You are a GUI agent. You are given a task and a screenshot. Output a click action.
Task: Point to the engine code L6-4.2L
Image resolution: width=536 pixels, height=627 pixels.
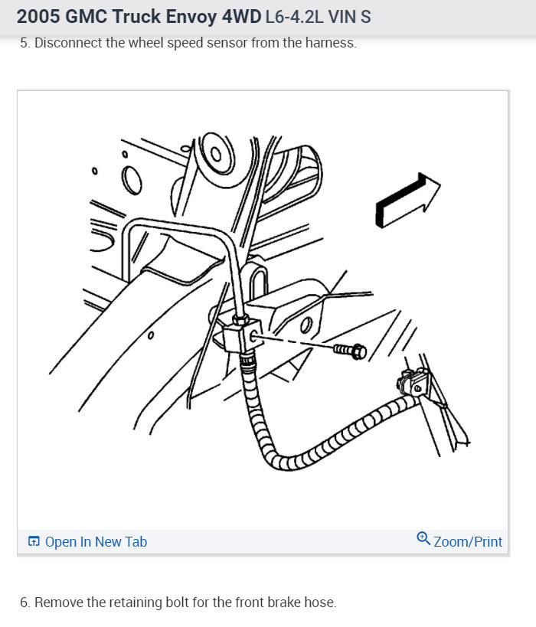295,16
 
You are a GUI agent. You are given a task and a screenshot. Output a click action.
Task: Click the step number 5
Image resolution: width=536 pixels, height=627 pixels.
23,43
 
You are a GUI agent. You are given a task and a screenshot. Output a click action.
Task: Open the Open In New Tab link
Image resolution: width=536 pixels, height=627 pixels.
96,542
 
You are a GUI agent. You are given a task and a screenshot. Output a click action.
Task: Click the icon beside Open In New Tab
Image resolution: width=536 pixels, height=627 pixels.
34,542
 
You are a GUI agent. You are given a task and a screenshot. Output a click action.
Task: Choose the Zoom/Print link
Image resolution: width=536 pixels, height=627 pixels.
468,542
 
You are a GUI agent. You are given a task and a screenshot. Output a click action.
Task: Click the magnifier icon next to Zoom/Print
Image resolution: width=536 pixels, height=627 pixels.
423,540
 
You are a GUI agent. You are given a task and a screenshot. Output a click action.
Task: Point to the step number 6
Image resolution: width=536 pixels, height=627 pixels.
23,603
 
